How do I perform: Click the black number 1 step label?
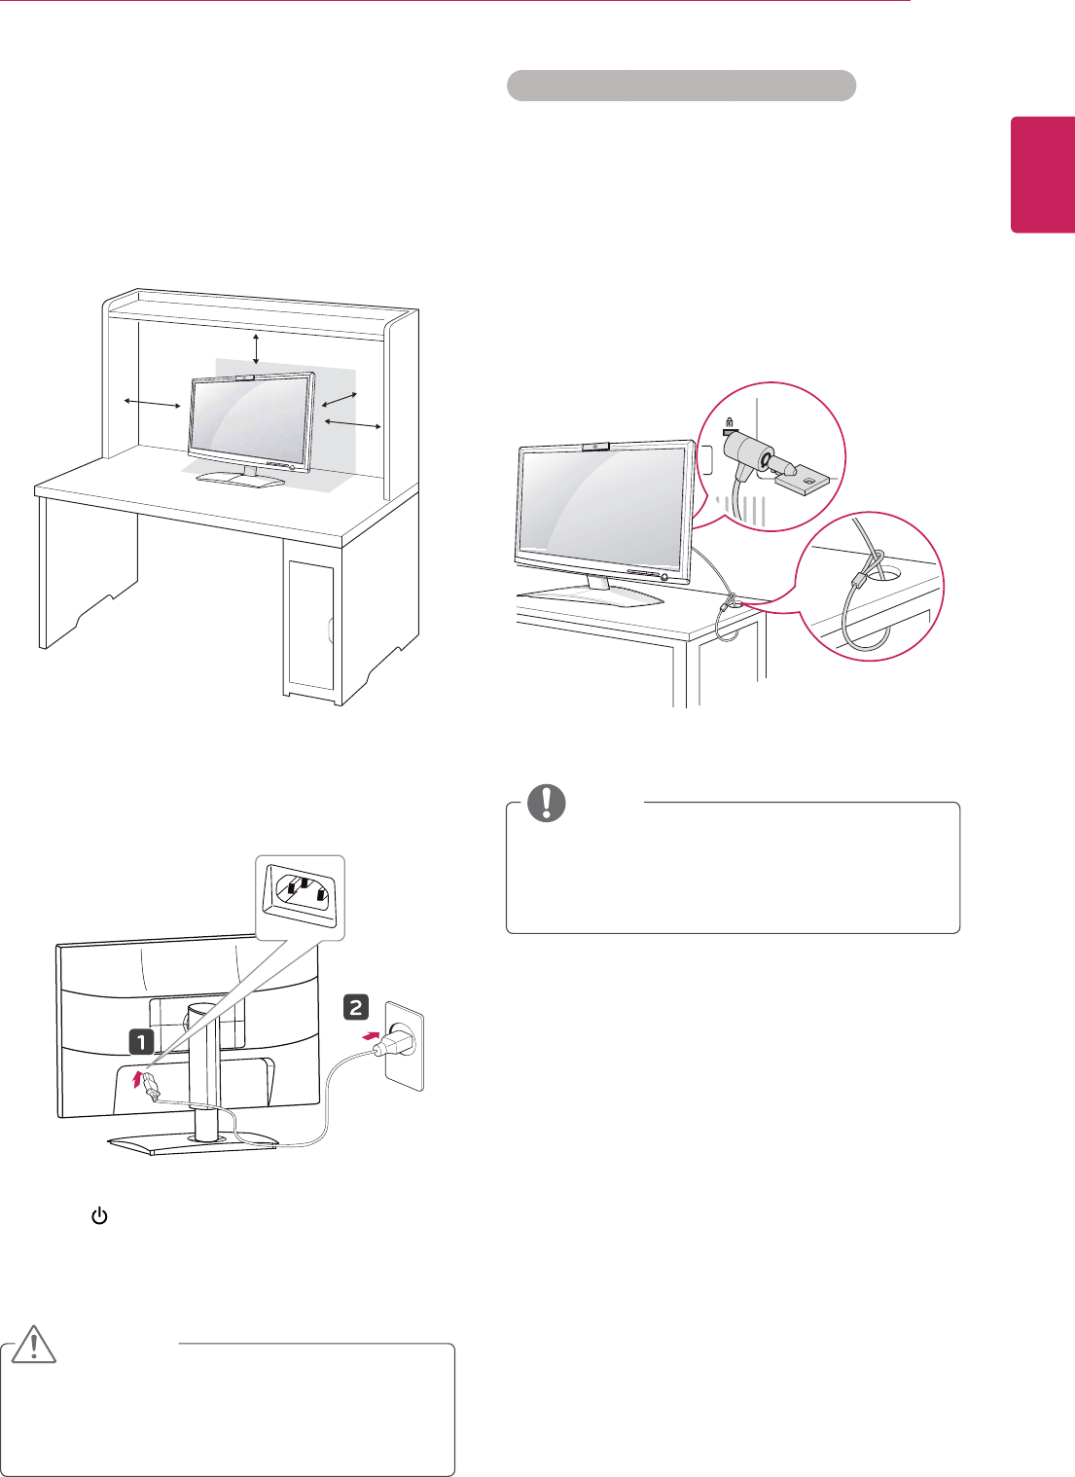(x=142, y=1042)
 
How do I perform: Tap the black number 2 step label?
(x=355, y=1008)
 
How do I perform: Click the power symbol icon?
(x=98, y=1216)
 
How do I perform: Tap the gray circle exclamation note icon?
(x=546, y=803)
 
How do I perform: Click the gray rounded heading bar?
(x=681, y=86)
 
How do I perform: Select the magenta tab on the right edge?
(x=1042, y=175)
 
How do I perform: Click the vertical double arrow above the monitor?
(x=256, y=347)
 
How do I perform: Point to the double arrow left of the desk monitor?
(x=153, y=403)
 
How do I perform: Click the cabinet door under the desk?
(x=310, y=623)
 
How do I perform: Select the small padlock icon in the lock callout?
(x=727, y=423)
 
